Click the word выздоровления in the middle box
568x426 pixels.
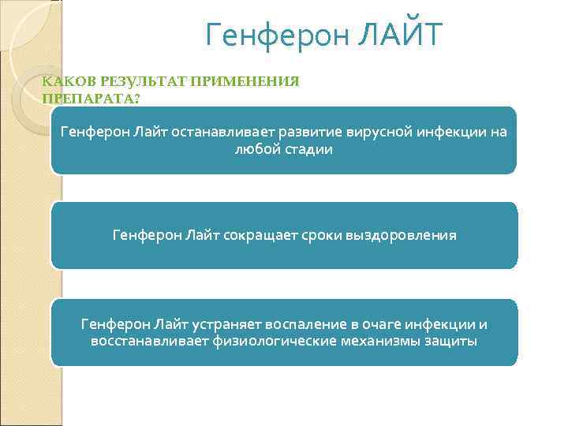coord(400,235)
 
